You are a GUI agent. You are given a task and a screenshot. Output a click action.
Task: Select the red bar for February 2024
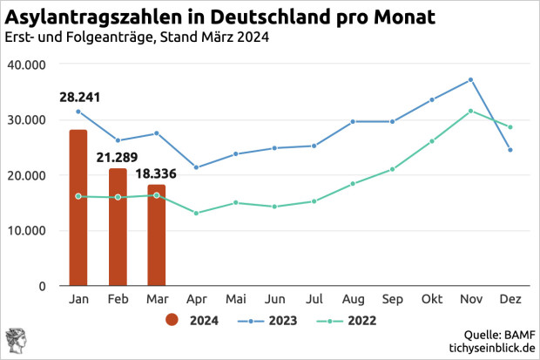coord(118,228)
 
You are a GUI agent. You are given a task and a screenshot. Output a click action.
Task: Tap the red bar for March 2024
coord(157,237)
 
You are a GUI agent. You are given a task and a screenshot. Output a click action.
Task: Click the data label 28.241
coord(78,98)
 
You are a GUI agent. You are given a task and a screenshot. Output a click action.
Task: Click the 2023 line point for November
coord(470,80)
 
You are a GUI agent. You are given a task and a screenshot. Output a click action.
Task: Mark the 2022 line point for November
coord(470,111)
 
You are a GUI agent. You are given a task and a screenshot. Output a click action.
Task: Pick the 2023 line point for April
coord(196,167)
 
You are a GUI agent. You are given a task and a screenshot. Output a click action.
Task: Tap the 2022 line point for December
coord(510,127)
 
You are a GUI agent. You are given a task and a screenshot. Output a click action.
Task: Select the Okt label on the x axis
coord(431,299)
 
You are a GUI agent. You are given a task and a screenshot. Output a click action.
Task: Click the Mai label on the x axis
coord(235,299)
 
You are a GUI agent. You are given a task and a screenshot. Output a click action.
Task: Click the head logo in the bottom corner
coord(15,342)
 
